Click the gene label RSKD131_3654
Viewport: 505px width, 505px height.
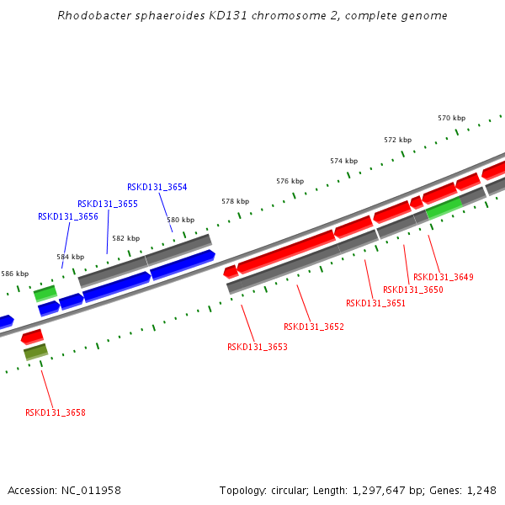click(x=157, y=188)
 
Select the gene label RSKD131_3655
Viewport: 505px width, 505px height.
click(x=108, y=205)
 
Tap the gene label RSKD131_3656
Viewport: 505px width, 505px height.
click(x=68, y=217)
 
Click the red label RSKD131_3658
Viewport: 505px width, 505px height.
click(x=56, y=413)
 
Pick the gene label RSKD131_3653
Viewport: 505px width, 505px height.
click(x=258, y=347)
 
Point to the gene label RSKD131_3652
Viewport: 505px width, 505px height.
click(x=314, y=327)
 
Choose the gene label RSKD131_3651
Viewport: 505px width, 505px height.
click(x=376, y=304)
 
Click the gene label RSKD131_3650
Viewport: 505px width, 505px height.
click(x=413, y=290)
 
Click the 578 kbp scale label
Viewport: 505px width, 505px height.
click(x=236, y=202)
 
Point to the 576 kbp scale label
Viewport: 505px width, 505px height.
click(x=290, y=182)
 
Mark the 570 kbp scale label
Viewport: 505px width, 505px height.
click(x=451, y=119)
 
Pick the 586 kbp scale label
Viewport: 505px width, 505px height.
click(x=15, y=274)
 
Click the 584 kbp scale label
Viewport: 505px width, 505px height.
click(x=71, y=257)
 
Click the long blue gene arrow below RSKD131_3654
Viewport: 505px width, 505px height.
click(x=182, y=264)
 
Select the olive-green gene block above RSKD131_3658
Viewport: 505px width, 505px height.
click(x=35, y=352)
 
